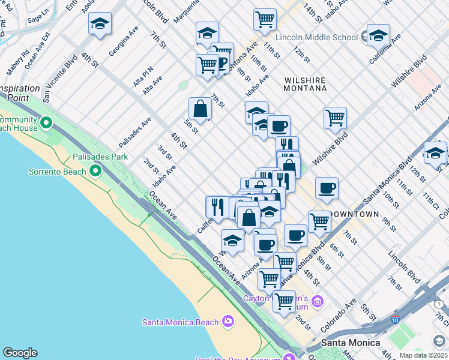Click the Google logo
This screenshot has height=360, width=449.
(20, 353)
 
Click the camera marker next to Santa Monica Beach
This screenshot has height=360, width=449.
(228, 322)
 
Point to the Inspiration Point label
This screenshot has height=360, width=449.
(20, 92)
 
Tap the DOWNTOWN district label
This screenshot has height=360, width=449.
(357, 214)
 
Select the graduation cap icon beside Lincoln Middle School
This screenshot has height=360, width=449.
(379, 35)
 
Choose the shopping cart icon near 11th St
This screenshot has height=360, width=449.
(265, 20)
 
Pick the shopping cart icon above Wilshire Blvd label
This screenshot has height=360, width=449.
(335, 118)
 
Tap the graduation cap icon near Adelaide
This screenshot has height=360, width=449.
(100, 24)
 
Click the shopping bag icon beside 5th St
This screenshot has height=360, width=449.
(200, 109)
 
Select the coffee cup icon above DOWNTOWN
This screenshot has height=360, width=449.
(327, 188)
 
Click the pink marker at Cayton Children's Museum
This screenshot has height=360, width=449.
(317, 300)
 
